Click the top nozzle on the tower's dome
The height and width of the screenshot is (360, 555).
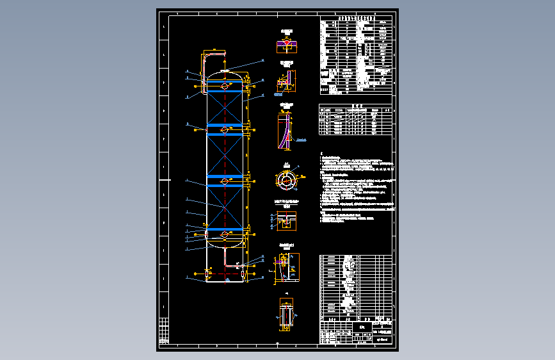click(x=225, y=70)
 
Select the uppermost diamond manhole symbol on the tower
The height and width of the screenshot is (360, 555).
click(x=225, y=85)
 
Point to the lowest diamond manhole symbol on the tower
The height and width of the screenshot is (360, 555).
click(x=225, y=235)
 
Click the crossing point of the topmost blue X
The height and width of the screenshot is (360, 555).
click(x=225, y=107)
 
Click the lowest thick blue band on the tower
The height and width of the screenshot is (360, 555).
click(x=225, y=229)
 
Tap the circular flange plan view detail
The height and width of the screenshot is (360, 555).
click(x=286, y=180)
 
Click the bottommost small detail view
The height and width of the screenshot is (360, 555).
click(x=286, y=315)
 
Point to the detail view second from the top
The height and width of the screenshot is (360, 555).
click(x=286, y=81)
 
